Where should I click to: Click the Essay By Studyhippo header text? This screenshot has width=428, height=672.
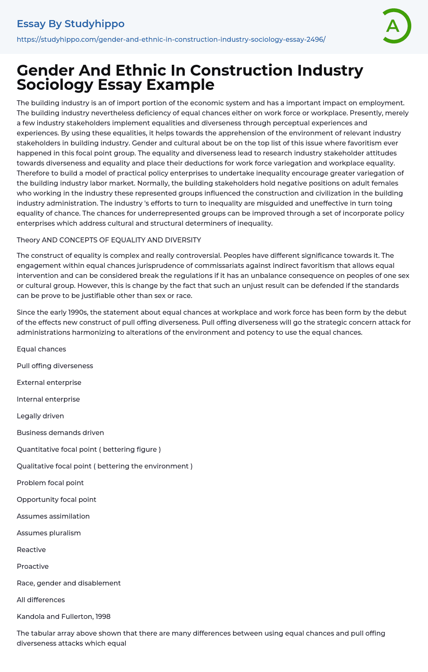[x=71, y=24]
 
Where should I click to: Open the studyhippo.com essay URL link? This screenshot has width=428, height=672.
[x=171, y=39]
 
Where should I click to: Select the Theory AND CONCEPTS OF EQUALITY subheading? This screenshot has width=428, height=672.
[x=109, y=240]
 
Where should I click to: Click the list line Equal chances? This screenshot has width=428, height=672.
[x=41, y=349]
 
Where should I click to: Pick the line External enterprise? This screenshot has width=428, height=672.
[x=49, y=382]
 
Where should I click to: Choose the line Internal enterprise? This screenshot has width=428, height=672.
[x=48, y=399]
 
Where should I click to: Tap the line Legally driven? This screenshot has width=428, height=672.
[x=40, y=416]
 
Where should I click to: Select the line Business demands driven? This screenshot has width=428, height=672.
[x=60, y=433]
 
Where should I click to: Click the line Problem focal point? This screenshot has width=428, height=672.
[x=50, y=483]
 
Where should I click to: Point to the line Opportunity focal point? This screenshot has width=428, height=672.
[x=56, y=499]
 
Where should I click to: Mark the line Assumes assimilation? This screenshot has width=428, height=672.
[x=53, y=516]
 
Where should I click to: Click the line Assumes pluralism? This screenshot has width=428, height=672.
[x=48, y=533]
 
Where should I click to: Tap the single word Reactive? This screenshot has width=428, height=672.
[x=31, y=550]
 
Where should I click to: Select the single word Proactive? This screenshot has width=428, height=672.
[x=33, y=566]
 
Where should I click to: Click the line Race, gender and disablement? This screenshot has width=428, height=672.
[x=69, y=583]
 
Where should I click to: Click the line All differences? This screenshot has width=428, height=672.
[x=41, y=600]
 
